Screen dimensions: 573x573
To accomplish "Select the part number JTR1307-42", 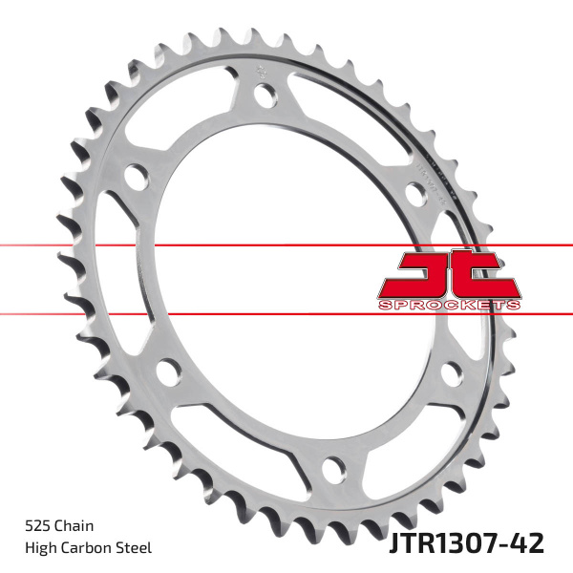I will pos(467,543).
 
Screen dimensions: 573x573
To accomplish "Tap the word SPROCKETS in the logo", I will pos(448,304).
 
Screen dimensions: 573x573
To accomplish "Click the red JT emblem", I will pos(448,275).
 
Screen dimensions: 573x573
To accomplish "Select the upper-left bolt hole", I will pos(137,178).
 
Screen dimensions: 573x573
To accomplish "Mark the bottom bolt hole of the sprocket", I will pos(333,468).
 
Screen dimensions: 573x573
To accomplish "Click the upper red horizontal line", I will pos(95,245).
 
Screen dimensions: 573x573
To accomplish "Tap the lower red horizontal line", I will pos(95,313).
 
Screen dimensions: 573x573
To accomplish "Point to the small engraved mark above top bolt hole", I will pos(259,69).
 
